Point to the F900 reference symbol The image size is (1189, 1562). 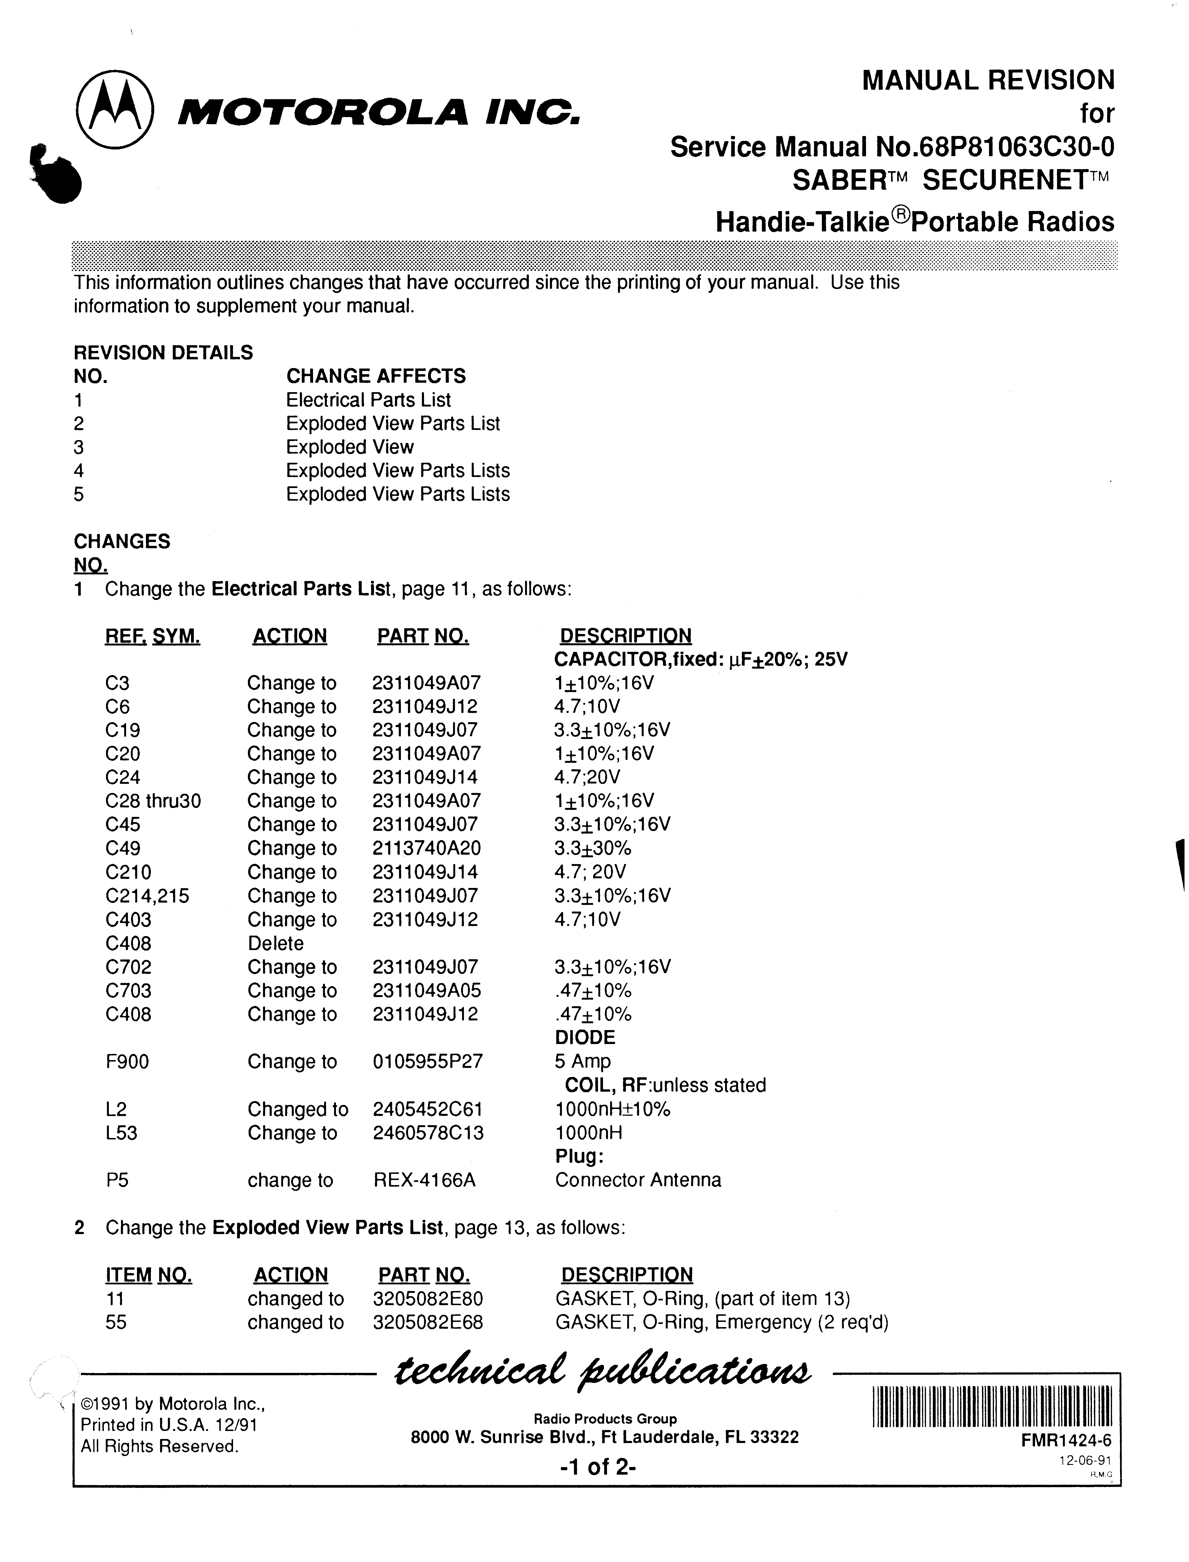coord(127,1062)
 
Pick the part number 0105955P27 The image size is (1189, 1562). coord(428,1062)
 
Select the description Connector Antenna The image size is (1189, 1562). coord(638,1180)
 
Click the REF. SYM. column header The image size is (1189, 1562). coord(152,636)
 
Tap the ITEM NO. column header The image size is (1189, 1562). coord(149,1275)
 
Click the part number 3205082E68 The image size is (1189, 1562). coord(428,1322)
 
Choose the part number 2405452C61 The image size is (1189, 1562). coord(428,1109)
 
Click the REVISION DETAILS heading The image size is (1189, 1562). coord(163,352)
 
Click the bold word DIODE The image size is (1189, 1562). coord(585,1038)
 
